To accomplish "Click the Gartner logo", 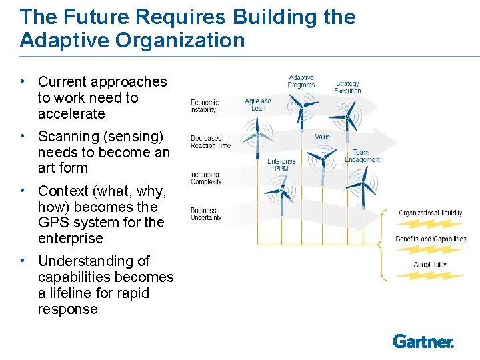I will pos(423,341).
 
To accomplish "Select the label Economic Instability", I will pos(204,105).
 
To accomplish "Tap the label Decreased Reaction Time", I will pos(210,141).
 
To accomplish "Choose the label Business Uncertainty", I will pos(206,213).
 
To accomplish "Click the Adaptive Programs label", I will pos(301,81).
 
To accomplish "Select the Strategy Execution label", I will pos(347,87).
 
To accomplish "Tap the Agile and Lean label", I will pos(258,104).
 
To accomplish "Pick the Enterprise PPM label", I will pos(281,165).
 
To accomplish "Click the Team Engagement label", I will pos(361,156).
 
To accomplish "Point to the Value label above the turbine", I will pos(322,137).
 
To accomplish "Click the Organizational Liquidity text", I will pos(430,213).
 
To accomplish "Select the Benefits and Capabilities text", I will pos(431,239).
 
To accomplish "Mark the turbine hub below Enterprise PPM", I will pos(283,192).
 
